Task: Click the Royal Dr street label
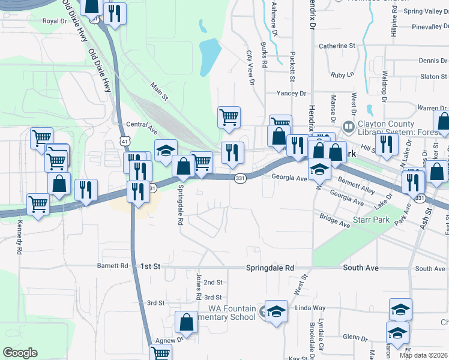coord(53,21)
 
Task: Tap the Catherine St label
coord(337,46)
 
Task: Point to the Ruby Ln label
coord(343,75)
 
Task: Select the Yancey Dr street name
coord(291,94)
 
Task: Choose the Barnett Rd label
coord(112,266)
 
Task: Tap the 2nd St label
coord(213,282)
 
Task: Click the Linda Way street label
coord(310,308)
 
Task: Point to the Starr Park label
coord(372,220)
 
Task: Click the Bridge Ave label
coord(335,220)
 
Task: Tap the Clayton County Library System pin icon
coord(348,127)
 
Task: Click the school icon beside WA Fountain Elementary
coord(276,313)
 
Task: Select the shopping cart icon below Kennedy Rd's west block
coord(38,205)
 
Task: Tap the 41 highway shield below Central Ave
coord(123,140)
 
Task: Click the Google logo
coord(20,353)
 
